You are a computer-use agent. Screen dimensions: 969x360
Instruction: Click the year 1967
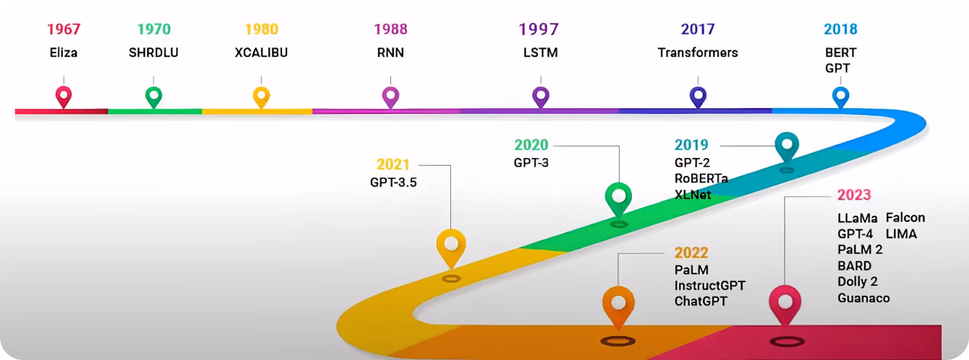63,29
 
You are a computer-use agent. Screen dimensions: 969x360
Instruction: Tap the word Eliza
63,53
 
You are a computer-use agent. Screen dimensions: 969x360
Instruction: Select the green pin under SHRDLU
154,97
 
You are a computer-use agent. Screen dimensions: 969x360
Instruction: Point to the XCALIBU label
261,53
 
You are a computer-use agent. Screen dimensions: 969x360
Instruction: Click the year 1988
390,29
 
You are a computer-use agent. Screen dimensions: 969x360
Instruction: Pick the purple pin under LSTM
540,97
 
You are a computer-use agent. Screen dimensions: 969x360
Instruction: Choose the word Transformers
698,53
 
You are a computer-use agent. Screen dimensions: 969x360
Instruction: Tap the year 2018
841,29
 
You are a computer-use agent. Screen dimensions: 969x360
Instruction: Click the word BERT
841,53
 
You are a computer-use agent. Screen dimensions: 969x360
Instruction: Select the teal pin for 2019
787,147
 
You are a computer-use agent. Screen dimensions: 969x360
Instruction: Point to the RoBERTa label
701,178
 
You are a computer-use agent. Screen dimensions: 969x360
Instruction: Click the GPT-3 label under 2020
531,163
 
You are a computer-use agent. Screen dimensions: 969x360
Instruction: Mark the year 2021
393,164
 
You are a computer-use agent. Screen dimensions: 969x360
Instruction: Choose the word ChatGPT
701,301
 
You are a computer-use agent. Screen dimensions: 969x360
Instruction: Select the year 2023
854,195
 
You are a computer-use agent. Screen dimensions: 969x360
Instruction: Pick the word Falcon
906,218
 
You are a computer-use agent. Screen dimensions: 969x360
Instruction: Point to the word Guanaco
864,298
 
